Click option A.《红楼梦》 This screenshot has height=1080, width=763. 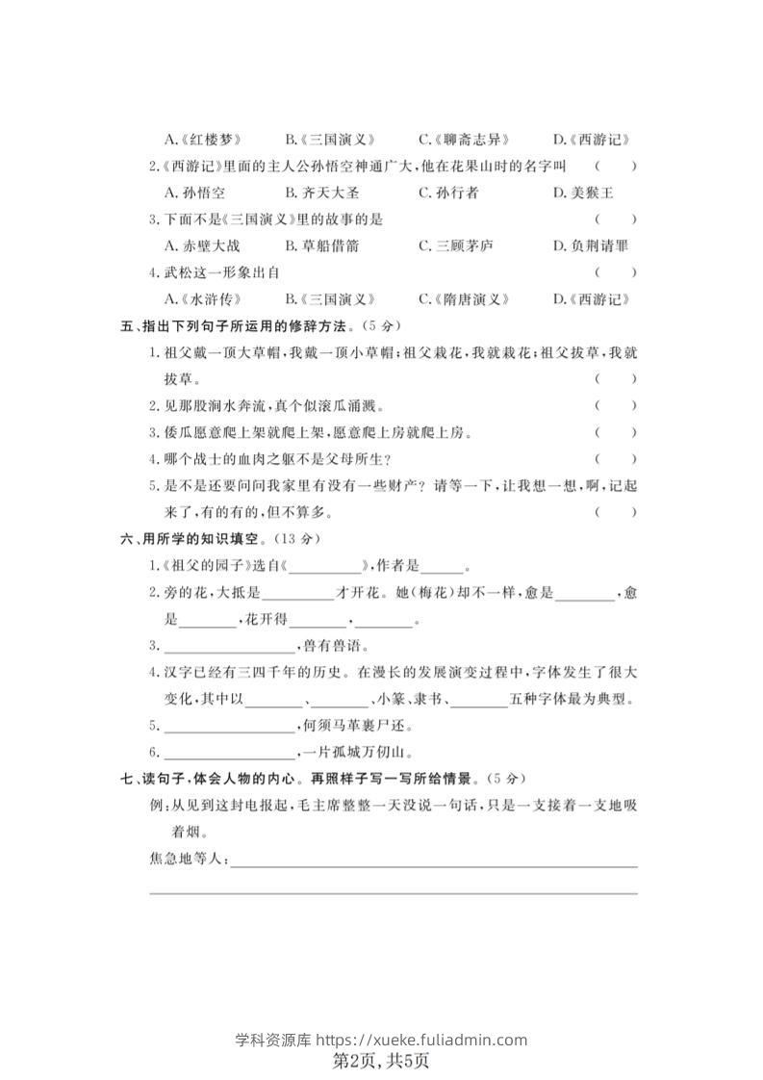(203, 140)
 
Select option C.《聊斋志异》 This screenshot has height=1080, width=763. (464, 140)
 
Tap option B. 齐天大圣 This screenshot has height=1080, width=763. (322, 193)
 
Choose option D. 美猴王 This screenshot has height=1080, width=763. (583, 193)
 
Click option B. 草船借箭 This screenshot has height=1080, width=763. (322, 245)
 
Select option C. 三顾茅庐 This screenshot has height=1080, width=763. (456, 245)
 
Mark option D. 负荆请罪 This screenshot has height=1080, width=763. (591, 245)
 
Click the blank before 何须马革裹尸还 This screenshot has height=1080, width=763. (235, 725)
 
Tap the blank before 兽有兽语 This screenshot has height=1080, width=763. (227, 645)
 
